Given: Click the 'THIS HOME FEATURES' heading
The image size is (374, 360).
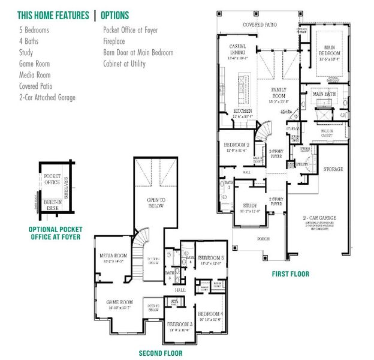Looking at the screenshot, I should [53, 15].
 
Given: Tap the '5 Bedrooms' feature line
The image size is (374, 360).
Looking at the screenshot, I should [34, 29].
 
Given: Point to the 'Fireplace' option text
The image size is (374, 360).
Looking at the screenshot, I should [114, 41].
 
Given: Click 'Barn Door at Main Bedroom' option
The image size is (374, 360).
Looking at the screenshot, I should [138, 53].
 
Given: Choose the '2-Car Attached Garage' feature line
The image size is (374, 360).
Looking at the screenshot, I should [47, 98].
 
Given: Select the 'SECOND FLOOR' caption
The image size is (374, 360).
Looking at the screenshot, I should [161, 353].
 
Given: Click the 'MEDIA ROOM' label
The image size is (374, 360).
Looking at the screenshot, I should [114, 256].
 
